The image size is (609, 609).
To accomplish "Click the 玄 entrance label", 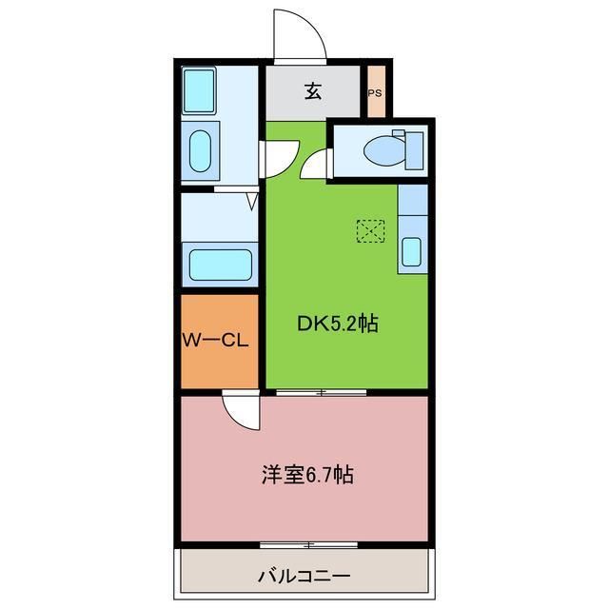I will pyautogui.click(x=313, y=91).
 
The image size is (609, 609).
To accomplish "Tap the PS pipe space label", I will pyautogui.click(x=376, y=92).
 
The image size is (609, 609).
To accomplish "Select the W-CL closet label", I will pyautogui.click(x=216, y=340).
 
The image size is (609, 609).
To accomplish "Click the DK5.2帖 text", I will pyautogui.click(x=338, y=324).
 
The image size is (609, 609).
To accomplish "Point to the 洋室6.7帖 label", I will pyautogui.click(x=307, y=475).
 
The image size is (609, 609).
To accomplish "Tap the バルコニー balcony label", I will pyautogui.click(x=304, y=577).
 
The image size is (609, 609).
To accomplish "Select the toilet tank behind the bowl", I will pyautogui.click(x=412, y=150).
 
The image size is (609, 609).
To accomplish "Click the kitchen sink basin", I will pyautogui.click(x=411, y=251).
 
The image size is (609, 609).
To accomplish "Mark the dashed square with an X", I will pyautogui.click(x=370, y=230).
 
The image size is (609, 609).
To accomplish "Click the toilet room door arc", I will pyautogui.click(x=313, y=165).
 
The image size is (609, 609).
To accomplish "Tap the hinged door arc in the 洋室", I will pyautogui.click(x=239, y=411).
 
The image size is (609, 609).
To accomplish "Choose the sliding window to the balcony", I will pyautogui.click(x=308, y=545).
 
